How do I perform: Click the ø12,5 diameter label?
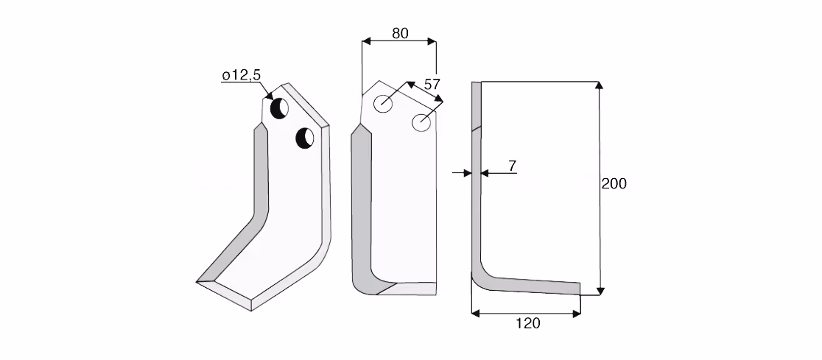coord(241,75)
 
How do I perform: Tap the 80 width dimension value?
coord(400,33)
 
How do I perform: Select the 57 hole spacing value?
coord(432,85)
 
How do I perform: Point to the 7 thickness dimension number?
coord(512,166)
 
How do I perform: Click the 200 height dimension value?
coord(614,184)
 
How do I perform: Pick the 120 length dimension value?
coord(527,323)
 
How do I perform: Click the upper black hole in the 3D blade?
coord(279,108)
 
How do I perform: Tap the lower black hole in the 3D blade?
coord(305,138)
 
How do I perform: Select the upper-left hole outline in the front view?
coord(383,103)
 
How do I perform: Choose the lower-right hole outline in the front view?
coord(421,123)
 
